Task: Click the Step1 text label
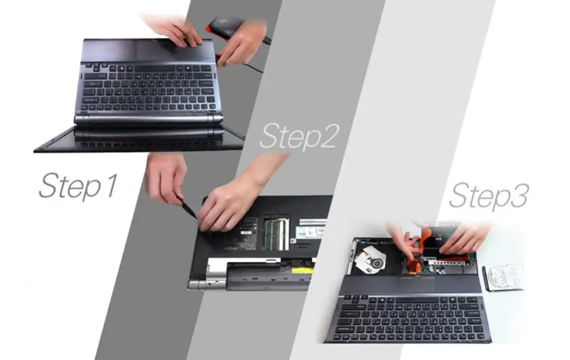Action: pyautogui.click(x=78, y=186)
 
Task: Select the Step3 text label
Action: pyautogui.click(x=489, y=196)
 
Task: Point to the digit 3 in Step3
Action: pyautogui.click(x=519, y=195)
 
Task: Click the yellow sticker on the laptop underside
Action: pyautogui.click(x=302, y=270)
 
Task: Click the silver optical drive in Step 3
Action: pyautogui.click(x=369, y=259)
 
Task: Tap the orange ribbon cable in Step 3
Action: pyautogui.click(x=419, y=251)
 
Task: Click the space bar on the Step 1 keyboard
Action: pyautogui.click(x=155, y=68)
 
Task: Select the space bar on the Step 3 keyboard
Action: pyautogui.click(x=417, y=301)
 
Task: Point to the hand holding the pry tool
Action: pyautogui.click(x=165, y=178)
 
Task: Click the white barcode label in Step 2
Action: pyautogui.click(x=310, y=232)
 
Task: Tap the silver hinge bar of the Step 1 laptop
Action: pyautogui.click(x=149, y=120)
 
